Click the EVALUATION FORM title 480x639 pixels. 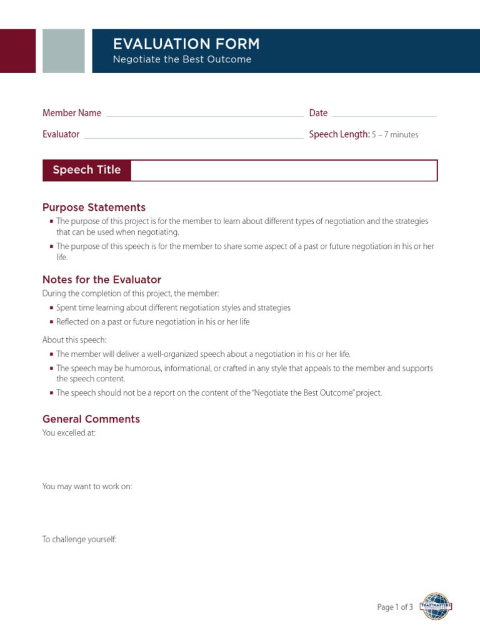186,44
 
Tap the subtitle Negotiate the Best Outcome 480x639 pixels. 182,59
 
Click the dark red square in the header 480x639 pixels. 17,51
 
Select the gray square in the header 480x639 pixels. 63,51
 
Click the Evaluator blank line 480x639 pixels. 193,137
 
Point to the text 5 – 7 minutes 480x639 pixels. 395,135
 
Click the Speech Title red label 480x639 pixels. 87,170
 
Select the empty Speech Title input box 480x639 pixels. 284,170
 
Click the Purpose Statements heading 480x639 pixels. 94,207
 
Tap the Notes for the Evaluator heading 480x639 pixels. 102,280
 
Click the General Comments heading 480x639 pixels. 91,419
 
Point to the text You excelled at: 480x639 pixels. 69,432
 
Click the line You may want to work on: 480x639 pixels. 87,486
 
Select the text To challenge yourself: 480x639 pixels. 79,539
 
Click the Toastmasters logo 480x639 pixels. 436,606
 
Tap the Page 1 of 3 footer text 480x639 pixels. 395,607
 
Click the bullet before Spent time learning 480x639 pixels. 51,308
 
